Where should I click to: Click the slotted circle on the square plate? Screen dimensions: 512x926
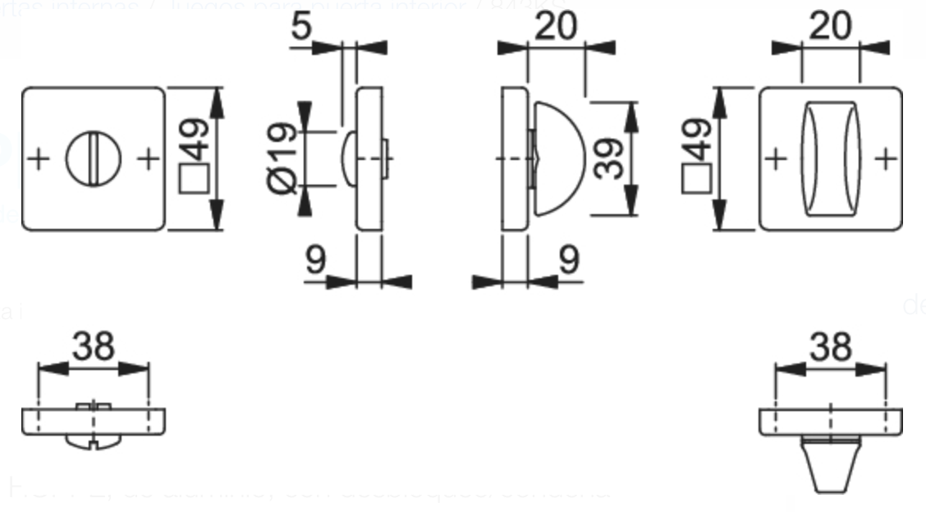93,158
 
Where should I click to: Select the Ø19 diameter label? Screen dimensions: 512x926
282,158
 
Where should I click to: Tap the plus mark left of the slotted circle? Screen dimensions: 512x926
38,158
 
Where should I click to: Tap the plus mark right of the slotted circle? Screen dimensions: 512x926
148,158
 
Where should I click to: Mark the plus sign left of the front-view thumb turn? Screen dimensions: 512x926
776,158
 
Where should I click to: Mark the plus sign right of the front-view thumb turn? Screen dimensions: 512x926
885,158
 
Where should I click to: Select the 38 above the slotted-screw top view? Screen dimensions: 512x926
93,347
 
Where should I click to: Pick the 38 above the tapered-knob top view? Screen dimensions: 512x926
830,347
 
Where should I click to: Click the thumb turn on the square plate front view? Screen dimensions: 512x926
830,158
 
